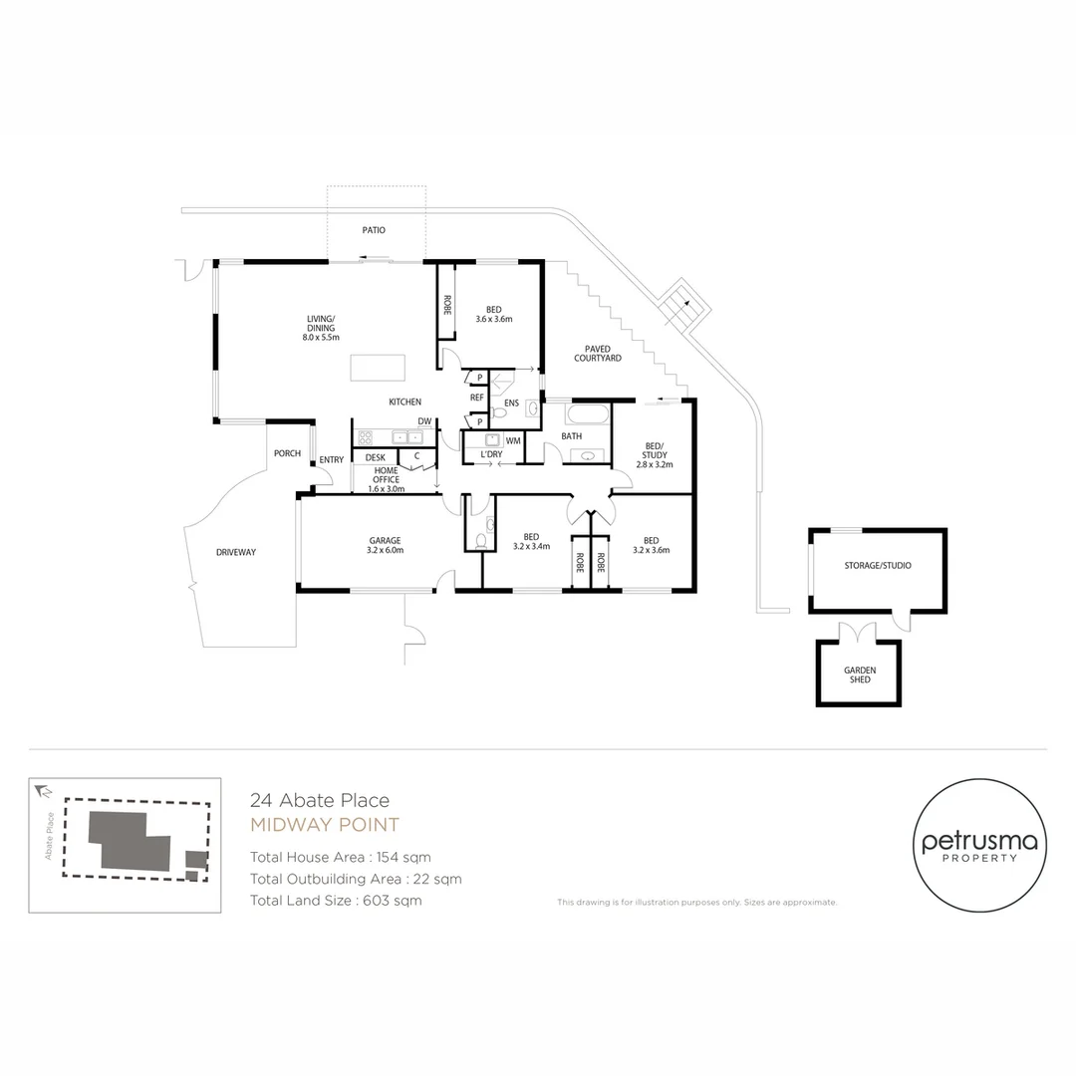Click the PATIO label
point(373,230)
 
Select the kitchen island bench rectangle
point(378,368)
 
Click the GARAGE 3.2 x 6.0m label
point(385,545)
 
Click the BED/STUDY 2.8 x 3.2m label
point(655,454)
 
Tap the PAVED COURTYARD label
point(598,353)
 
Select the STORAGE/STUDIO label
point(878,565)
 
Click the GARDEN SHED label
point(859,674)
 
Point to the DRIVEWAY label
point(236,552)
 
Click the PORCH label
point(287,453)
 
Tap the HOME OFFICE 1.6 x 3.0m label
point(386,479)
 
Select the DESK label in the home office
point(375,457)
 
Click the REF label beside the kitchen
point(476,398)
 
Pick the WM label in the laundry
point(513,440)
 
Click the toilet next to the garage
point(480,540)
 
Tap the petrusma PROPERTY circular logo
point(978,846)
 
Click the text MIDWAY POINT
point(324,825)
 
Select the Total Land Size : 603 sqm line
point(336,901)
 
